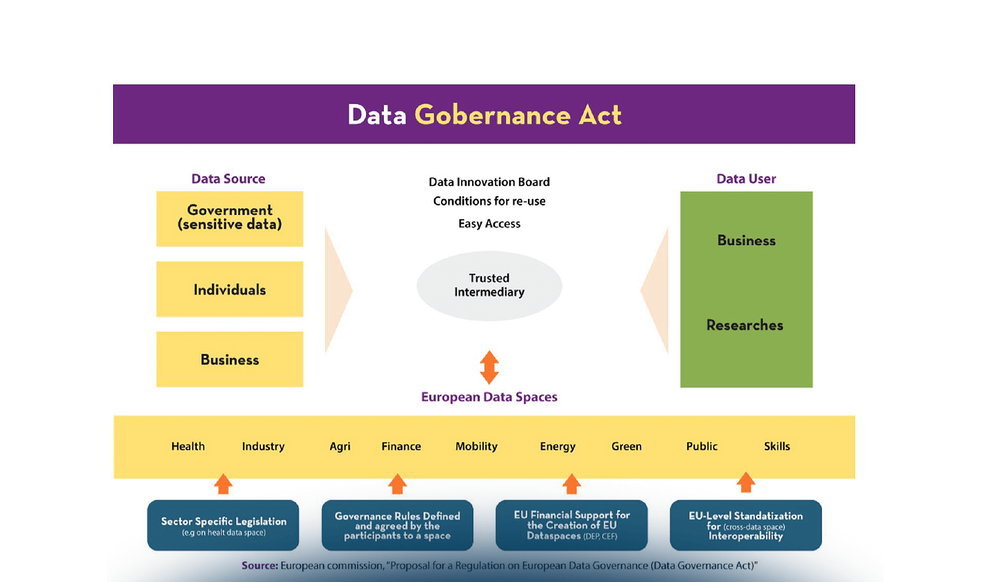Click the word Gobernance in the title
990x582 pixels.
coord(492,115)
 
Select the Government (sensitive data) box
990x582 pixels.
coord(230,219)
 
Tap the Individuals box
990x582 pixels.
coord(230,290)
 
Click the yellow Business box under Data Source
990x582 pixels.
coord(230,359)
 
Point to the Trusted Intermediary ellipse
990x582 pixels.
coord(489,286)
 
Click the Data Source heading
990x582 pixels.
coord(228,179)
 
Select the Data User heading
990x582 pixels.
coord(746,179)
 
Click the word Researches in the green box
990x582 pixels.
coord(745,325)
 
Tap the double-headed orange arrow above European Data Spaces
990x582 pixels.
coord(489,367)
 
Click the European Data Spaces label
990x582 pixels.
coord(489,397)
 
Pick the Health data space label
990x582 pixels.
coord(188,446)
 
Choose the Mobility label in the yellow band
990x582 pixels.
coord(476,446)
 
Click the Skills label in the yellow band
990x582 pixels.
coord(776,446)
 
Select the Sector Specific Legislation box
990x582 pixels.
coord(223,525)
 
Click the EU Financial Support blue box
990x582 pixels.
coord(572,525)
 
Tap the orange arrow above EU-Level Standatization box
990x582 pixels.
coord(746,483)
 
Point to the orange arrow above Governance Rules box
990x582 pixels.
coord(397,484)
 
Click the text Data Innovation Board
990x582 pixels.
coord(489,182)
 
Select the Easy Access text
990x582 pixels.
coord(489,224)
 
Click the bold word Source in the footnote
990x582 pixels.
coord(260,566)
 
